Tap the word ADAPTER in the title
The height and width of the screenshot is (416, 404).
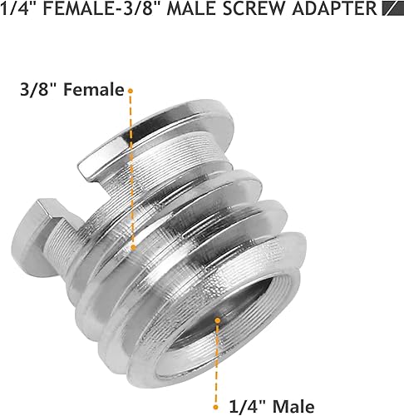coord(338,11)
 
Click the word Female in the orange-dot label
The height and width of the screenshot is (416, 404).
coord(99,89)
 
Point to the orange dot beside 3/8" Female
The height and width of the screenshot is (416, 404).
coord(131,88)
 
